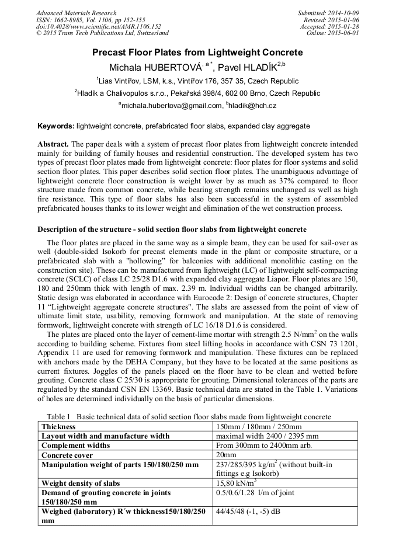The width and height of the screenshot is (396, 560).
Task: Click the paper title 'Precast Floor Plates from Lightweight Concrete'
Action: point(197,53)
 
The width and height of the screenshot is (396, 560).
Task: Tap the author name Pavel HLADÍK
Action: point(248,67)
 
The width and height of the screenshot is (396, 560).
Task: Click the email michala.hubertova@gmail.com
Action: point(172,106)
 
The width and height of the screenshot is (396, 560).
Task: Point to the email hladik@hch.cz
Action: point(252,106)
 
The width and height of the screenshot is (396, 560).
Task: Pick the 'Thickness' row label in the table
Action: point(59,426)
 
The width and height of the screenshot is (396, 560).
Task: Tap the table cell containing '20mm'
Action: point(226,454)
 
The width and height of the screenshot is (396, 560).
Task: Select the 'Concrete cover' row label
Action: point(67,454)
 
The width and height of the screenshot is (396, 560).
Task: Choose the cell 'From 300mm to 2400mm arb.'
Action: point(264,445)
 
